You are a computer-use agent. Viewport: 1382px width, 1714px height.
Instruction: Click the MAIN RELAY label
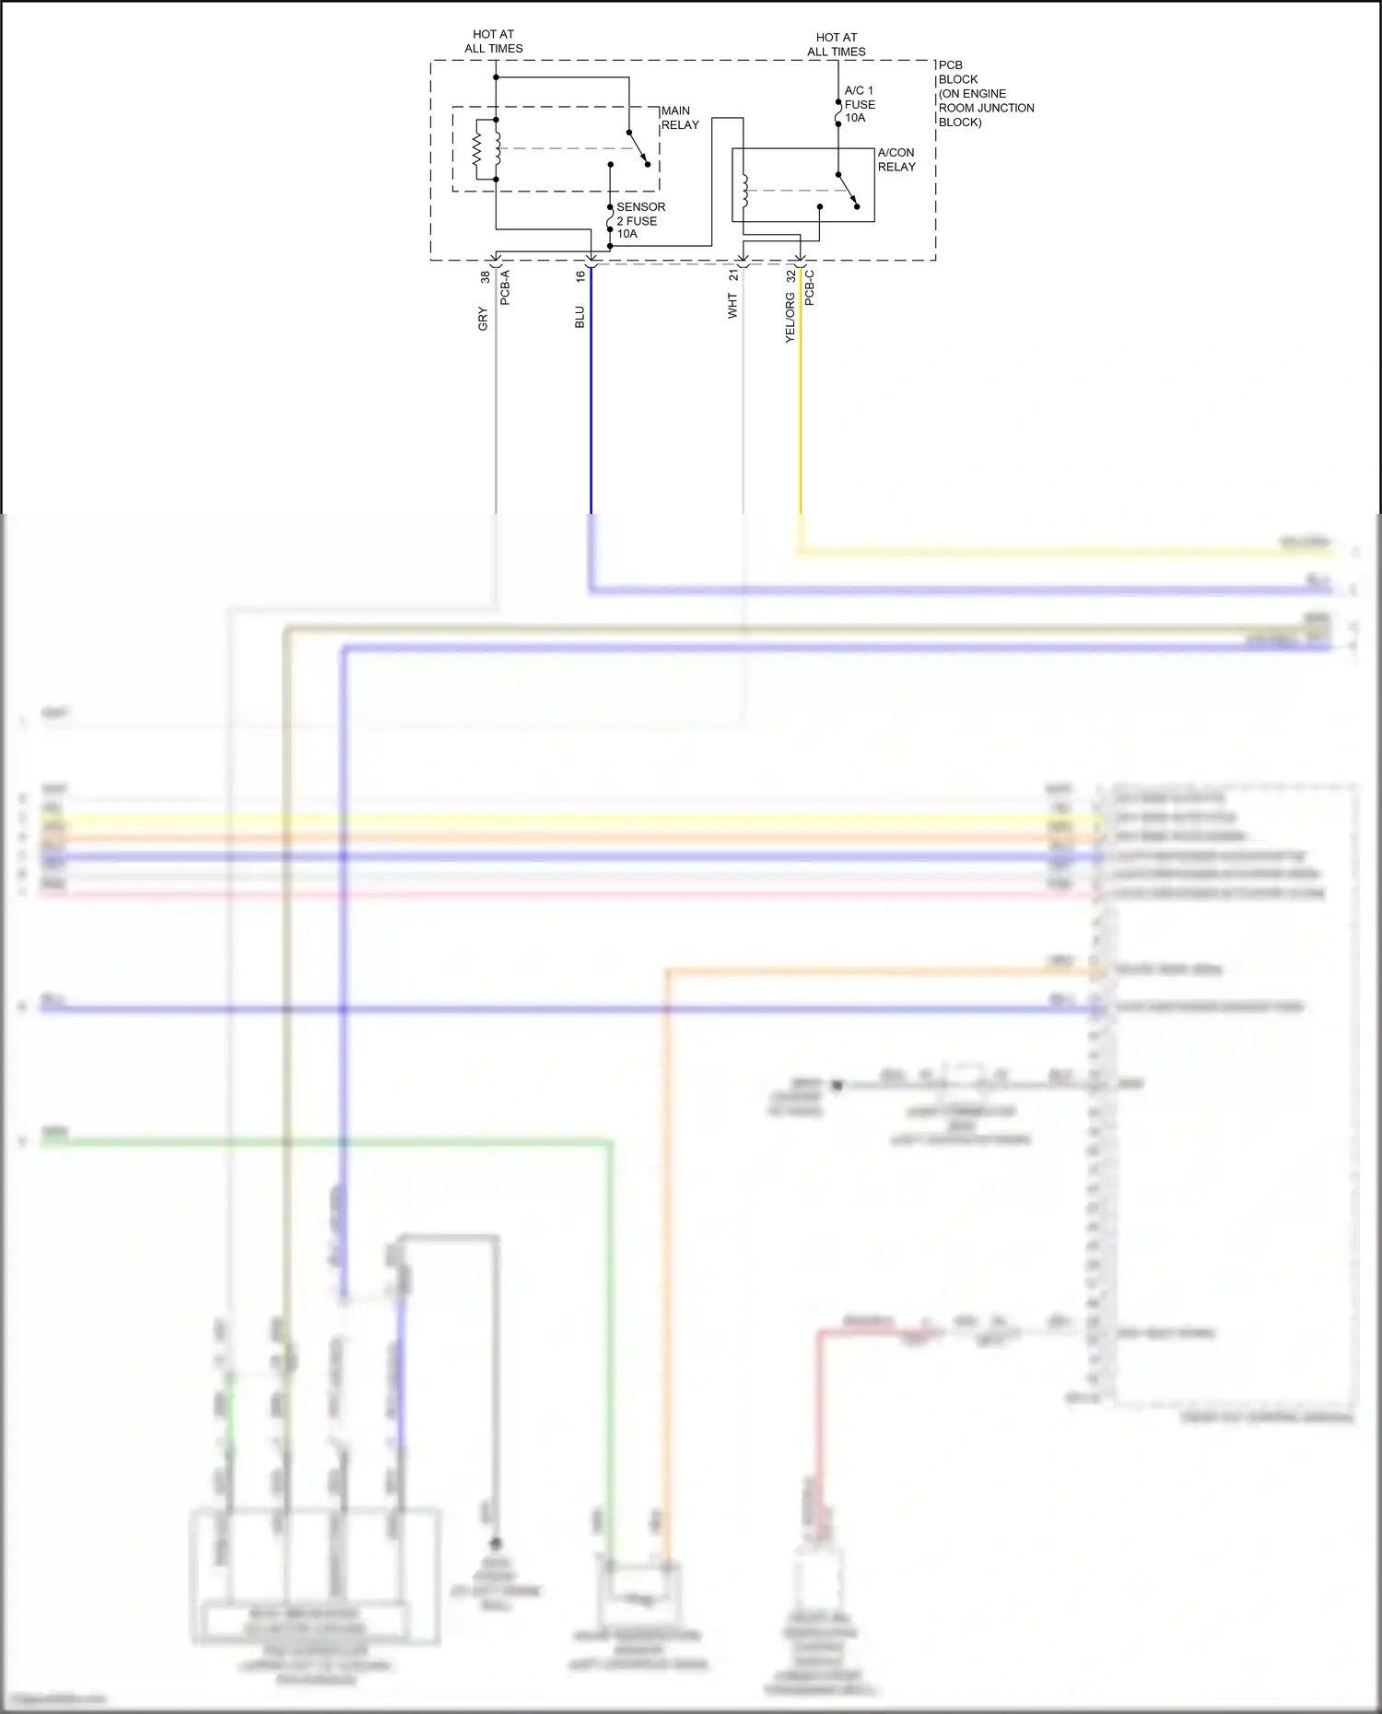point(680,118)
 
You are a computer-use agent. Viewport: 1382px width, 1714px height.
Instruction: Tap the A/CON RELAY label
point(896,159)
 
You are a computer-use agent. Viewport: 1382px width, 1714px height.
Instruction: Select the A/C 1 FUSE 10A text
point(859,104)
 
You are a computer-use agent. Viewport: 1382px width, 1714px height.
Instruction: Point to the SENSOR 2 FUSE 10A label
point(639,220)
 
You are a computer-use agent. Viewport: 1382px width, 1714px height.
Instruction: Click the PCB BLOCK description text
point(984,93)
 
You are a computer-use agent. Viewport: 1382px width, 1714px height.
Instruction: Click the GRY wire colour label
point(483,319)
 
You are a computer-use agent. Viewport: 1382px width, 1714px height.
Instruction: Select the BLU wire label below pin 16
point(580,317)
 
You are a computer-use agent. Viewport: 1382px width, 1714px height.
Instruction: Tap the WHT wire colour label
point(732,307)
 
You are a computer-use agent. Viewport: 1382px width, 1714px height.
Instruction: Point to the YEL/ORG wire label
point(790,318)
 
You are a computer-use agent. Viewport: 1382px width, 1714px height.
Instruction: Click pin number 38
point(485,276)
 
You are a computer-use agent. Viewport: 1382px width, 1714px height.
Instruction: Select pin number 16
point(580,275)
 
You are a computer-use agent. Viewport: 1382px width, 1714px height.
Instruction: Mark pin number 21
point(733,275)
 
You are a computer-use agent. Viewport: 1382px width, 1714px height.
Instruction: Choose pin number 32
point(791,275)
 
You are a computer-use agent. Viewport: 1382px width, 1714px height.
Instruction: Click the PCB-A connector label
point(505,287)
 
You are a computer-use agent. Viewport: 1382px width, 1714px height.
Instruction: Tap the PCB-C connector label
point(809,287)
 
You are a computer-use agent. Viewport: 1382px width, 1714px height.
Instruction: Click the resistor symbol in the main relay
point(477,149)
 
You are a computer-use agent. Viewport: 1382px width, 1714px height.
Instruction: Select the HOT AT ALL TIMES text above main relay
point(494,41)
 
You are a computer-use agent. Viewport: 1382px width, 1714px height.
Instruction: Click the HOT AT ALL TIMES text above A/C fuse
point(837,44)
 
